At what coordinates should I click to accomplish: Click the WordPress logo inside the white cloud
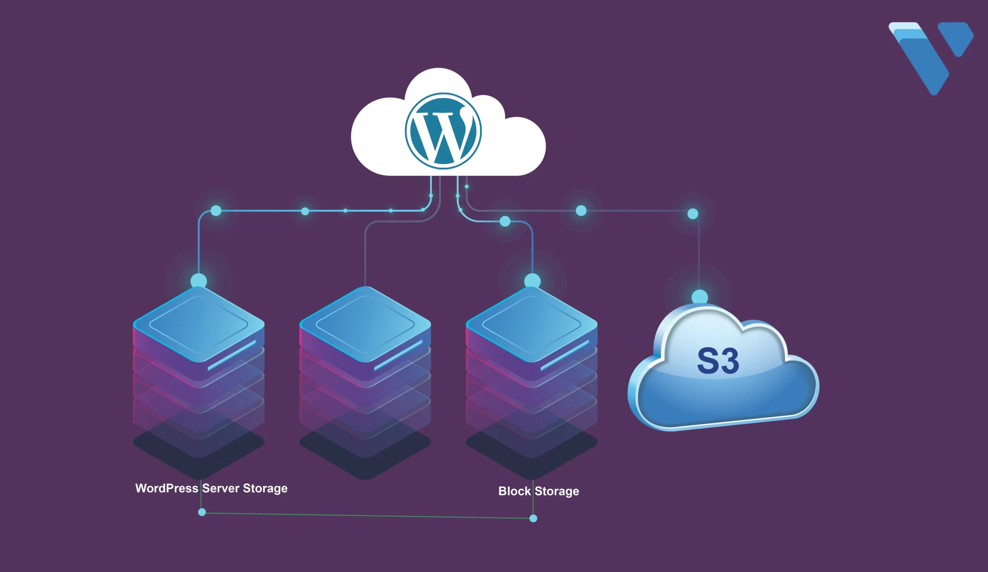click(x=443, y=131)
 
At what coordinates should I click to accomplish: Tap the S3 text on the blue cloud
click(x=718, y=361)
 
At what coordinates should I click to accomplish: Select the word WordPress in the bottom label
click(x=167, y=488)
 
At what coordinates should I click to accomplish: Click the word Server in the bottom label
click(x=221, y=488)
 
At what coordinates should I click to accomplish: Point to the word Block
click(x=514, y=491)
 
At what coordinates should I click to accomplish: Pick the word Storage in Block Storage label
click(x=557, y=491)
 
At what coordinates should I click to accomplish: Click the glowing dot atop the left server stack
click(x=199, y=281)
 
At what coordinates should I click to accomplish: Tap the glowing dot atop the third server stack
click(x=532, y=281)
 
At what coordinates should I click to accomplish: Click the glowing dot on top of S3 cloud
click(x=699, y=297)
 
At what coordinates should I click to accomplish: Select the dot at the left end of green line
click(x=202, y=512)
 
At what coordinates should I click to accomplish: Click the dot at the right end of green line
click(x=533, y=518)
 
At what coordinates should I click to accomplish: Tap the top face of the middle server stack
click(x=365, y=324)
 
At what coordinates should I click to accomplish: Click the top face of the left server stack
click(x=199, y=324)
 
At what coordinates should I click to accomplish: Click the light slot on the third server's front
click(x=565, y=355)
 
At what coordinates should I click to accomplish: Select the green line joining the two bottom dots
click(x=367, y=515)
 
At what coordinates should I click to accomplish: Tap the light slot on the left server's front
click(x=232, y=355)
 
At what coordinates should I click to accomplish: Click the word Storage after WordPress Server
click(x=265, y=488)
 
